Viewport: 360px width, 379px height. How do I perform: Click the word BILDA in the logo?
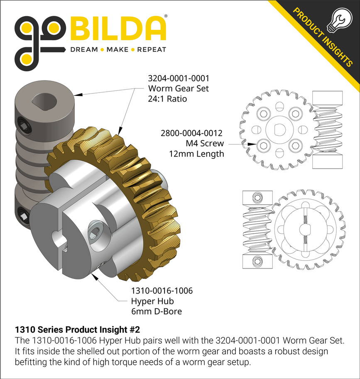118,29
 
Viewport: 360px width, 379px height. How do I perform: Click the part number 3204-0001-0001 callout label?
178,78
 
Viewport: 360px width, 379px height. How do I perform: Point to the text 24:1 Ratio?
167,99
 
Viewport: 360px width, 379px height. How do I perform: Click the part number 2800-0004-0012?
191,133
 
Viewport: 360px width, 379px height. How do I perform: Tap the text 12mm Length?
196,154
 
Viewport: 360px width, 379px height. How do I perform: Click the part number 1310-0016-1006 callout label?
162,291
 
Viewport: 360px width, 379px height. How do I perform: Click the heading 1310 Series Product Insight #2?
77,330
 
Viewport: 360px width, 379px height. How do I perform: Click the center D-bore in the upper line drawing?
279,128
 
